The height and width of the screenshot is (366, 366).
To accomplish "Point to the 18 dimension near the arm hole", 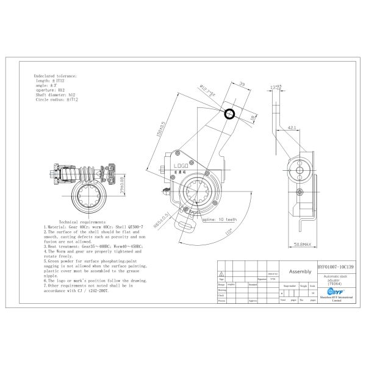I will click(x=253, y=117).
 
